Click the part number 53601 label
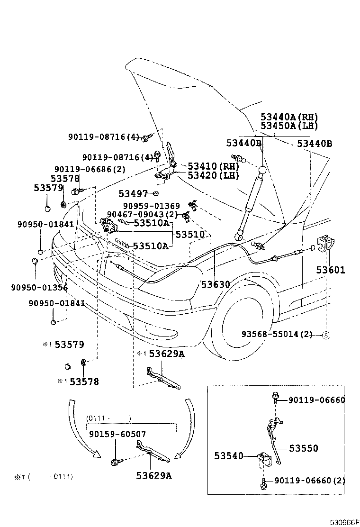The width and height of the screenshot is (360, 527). (x=331, y=270)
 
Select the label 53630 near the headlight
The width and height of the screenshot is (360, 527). (x=215, y=284)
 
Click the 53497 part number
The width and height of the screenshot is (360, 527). (x=133, y=193)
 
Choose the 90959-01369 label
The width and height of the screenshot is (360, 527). (x=152, y=206)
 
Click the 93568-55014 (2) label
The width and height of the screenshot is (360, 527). (x=277, y=334)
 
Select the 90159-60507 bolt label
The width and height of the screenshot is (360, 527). (x=117, y=434)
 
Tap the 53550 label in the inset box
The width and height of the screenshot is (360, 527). (x=304, y=448)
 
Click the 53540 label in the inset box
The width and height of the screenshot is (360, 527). (x=228, y=456)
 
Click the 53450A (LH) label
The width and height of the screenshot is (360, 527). (x=289, y=126)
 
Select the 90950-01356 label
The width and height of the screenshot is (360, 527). (x=39, y=287)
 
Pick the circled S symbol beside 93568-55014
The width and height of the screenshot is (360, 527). (x=326, y=335)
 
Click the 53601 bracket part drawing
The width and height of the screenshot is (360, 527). (x=326, y=244)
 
